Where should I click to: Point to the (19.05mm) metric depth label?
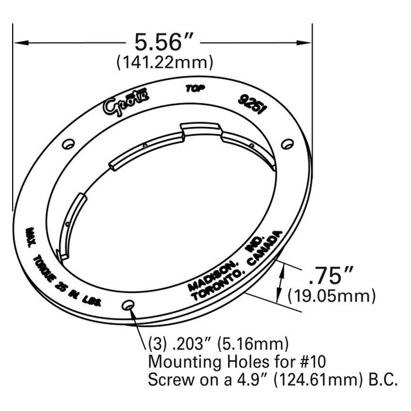331,295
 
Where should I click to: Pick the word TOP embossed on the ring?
196,89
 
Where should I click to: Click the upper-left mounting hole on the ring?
69,144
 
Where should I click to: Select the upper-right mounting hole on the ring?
287,144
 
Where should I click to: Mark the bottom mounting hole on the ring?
128,305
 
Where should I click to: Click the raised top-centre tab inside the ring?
200,129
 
